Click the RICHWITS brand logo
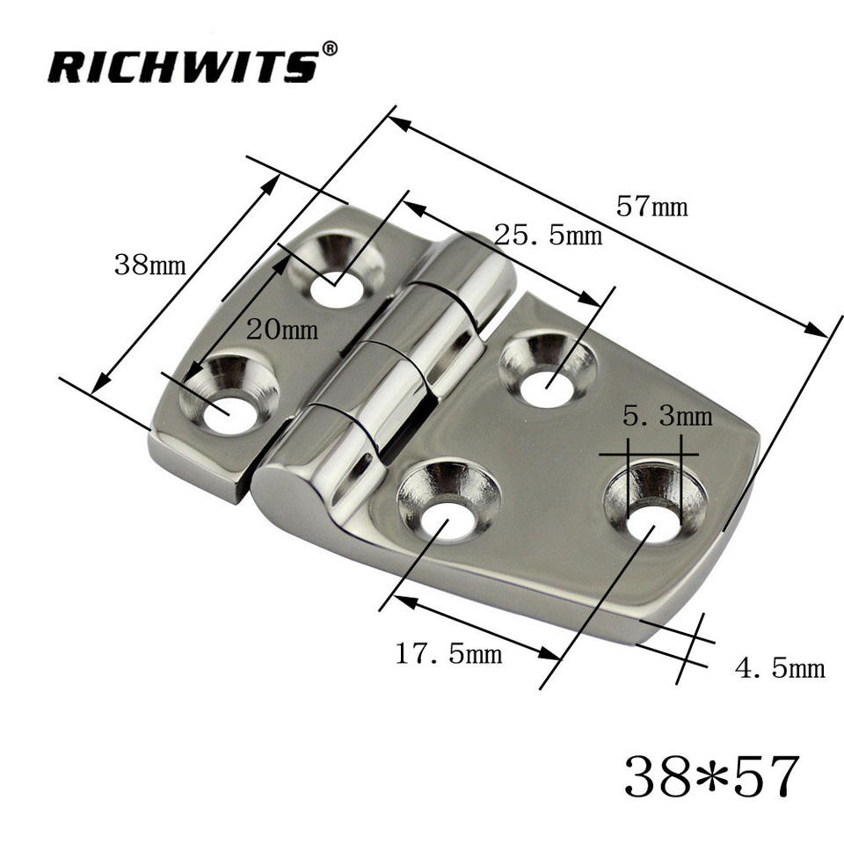pos(184,66)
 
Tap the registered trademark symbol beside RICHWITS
pos(330,49)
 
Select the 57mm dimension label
pos(651,207)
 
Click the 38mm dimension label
pos(149,265)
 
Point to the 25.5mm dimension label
pos(548,236)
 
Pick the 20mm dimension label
pos(282,328)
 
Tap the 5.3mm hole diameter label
pos(667,416)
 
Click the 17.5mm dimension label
pos(448,653)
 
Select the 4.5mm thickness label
pos(780,668)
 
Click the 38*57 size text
pos(711,775)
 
